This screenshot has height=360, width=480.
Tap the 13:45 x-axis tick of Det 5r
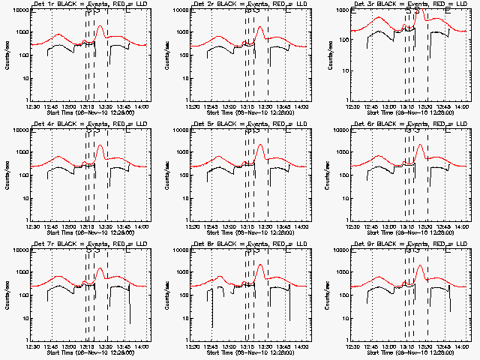[284, 226]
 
